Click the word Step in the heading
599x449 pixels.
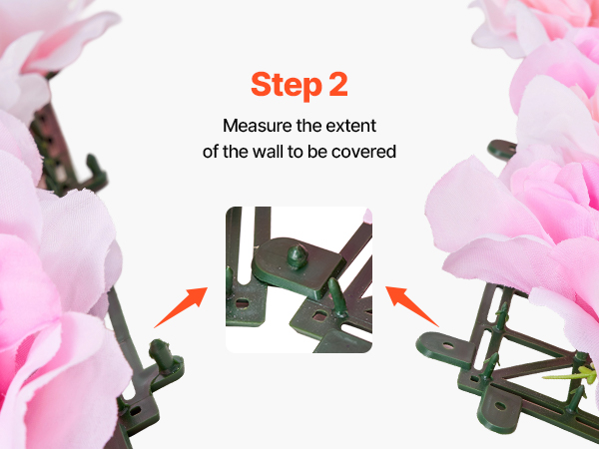pos(287,86)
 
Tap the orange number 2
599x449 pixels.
pos(338,84)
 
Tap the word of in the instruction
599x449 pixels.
pos(211,152)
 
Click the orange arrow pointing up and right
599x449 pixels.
pos(181,307)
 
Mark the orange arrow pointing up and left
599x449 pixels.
pos(411,306)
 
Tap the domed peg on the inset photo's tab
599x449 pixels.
pos(297,255)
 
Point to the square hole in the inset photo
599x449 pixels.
pos(319,315)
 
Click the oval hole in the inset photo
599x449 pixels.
pos(242,304)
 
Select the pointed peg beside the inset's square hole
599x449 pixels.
pos(337,297)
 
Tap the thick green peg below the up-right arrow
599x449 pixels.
pos(161,354)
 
